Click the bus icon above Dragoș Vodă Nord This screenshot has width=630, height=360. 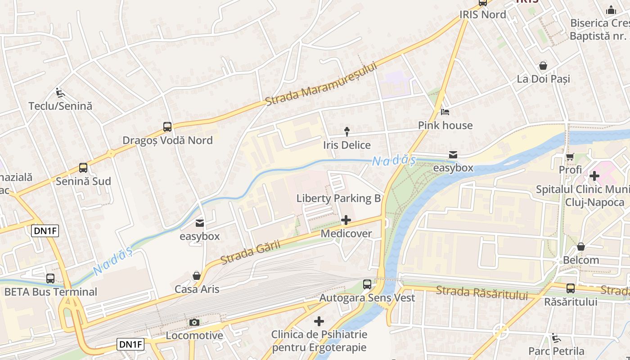point(167,127)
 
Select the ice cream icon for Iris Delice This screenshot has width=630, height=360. point(347,132)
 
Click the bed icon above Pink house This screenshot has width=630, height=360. point(445,112)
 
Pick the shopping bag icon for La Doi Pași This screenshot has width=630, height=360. point(543,66)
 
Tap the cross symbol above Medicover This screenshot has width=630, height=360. point(346,220)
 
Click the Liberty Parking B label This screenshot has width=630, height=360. point(338,198)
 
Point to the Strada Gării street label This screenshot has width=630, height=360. point(251,252)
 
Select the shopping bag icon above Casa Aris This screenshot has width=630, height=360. point(197,276)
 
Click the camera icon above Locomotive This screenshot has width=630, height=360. point(194,322)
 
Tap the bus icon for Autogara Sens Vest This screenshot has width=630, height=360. point(367,284)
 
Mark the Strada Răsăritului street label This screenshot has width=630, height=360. point(481,292)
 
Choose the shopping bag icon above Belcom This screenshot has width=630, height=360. point(581,247)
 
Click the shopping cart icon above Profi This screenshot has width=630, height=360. point(570,157)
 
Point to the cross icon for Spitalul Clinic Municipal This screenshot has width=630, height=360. point(594,175)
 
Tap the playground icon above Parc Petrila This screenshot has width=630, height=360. point(556,337)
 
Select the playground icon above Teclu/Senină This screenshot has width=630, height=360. point(60,92)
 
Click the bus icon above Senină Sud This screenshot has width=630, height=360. point(83,168)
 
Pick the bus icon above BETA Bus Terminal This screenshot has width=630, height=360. point(50,279)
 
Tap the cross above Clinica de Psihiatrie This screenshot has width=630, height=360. point(319,321)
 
